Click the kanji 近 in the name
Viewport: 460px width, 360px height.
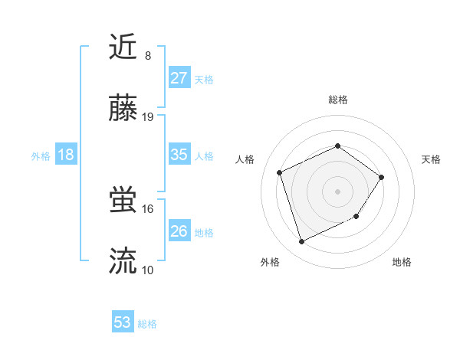tap(123, 47)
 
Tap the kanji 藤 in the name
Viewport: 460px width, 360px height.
tap(123, 110)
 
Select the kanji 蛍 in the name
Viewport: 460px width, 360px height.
tap(123, 201)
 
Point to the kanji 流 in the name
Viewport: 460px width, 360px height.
tap(123, 262)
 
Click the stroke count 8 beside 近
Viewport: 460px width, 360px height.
tap(147, 55)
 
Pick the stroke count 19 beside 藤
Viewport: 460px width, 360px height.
tap(148, 117)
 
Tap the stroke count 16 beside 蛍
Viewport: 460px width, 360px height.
tap(148, 208)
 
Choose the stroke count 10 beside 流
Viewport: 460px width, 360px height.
tap(148, 270)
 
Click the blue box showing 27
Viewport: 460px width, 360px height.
tap(179, 78)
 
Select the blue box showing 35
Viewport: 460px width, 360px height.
tap(179, 155)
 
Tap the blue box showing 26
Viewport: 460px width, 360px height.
tap(179, 231)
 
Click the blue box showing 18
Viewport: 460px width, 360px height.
tap(66, 155)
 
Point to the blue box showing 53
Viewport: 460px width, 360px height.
tap(123, 322)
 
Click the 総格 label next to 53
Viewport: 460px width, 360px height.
tap(147, 324)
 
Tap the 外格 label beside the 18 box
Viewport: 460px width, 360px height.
tap(41, 156)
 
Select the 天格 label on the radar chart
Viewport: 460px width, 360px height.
tap(431, 159)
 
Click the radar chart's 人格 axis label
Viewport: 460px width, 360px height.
tap(245, 159)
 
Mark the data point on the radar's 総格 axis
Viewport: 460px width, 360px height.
tap(337, 146)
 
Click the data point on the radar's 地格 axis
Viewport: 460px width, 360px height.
tap(357, 218)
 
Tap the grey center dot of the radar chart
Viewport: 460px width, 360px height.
tap(337, 191)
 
